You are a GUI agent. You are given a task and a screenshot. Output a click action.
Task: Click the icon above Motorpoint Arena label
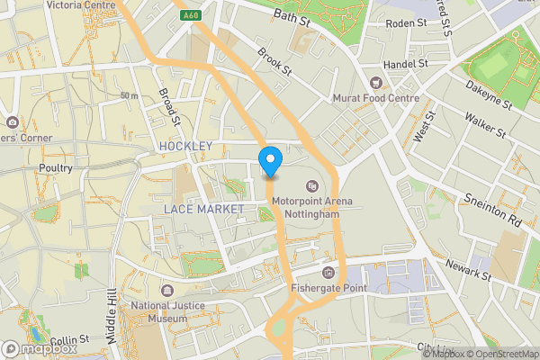(x=312, y=185)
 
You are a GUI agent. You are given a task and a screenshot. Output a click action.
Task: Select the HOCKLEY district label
(x=185, y=146)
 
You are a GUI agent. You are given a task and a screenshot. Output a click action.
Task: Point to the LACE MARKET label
(x=204, y=209)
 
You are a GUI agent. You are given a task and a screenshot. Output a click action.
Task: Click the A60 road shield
(x=190, y=15)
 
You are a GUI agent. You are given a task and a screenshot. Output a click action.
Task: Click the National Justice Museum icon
(x=167, y=290)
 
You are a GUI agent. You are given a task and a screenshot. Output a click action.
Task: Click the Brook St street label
(x=274, y=61)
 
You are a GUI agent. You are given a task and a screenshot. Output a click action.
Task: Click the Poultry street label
(x=55, y=168)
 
